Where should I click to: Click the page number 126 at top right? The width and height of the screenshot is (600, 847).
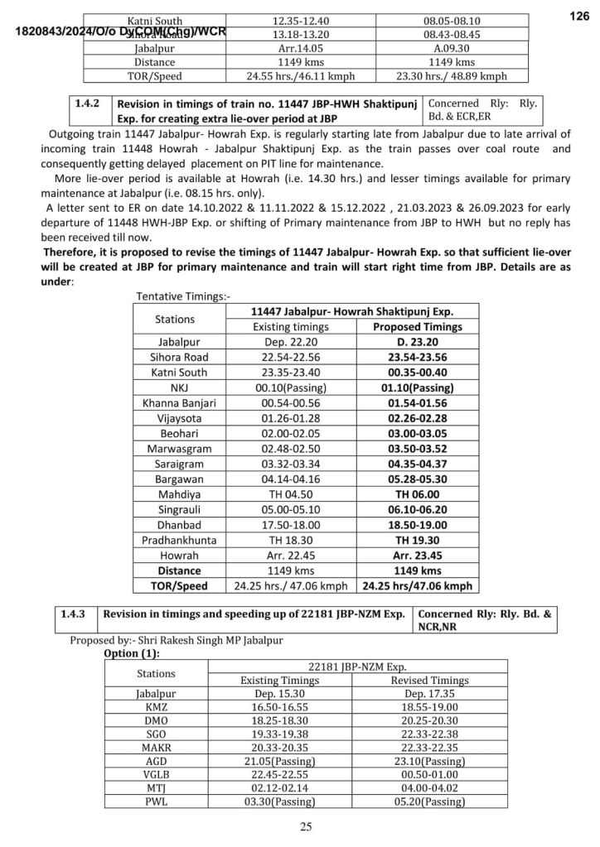click(578, 17)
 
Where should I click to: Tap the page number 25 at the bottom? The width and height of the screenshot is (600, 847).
click(306, 826)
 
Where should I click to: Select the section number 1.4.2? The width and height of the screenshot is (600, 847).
click(87, 105)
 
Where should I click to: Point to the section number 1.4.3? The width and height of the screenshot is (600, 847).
click(75, 614)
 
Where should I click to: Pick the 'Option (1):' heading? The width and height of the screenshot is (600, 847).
click(131, 652)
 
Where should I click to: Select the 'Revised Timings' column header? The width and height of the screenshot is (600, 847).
click(429, 680)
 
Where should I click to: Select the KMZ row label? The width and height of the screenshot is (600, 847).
click(156, 707)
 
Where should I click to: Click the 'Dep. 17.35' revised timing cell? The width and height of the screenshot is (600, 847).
click(429, 694)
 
